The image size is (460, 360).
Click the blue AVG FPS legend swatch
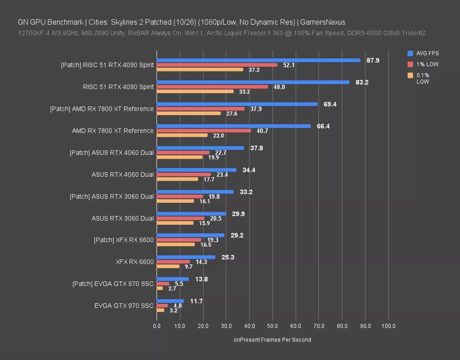click(x=410, y=53)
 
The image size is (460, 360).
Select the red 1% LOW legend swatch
click(x=410, y=64)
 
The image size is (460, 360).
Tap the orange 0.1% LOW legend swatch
click(x=410, y=75)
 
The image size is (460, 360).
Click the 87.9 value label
click(x=373, y=60)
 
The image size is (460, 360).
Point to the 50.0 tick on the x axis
click(x=273, y=326)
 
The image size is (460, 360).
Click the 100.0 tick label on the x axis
click(x=388, y=326)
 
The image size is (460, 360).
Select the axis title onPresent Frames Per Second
click(x=272, y=340)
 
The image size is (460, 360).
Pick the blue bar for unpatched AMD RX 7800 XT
click(x=234, y=126)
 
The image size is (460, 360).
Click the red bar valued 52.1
click(x=217, y=65)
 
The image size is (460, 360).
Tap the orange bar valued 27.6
click(x=189, y=113)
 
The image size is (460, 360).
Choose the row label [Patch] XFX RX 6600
click(x=123, y=240)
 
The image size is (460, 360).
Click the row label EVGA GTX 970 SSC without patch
click(x=124, y=306)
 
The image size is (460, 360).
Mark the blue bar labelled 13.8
click(x=173, y=279)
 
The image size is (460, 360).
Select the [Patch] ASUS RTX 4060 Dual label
click(x=112, y=152)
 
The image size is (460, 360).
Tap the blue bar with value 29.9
click(x=191, y=214)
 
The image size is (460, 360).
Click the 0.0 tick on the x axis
click(x=157, y=326)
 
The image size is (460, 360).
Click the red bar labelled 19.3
click(x=179, y=240)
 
